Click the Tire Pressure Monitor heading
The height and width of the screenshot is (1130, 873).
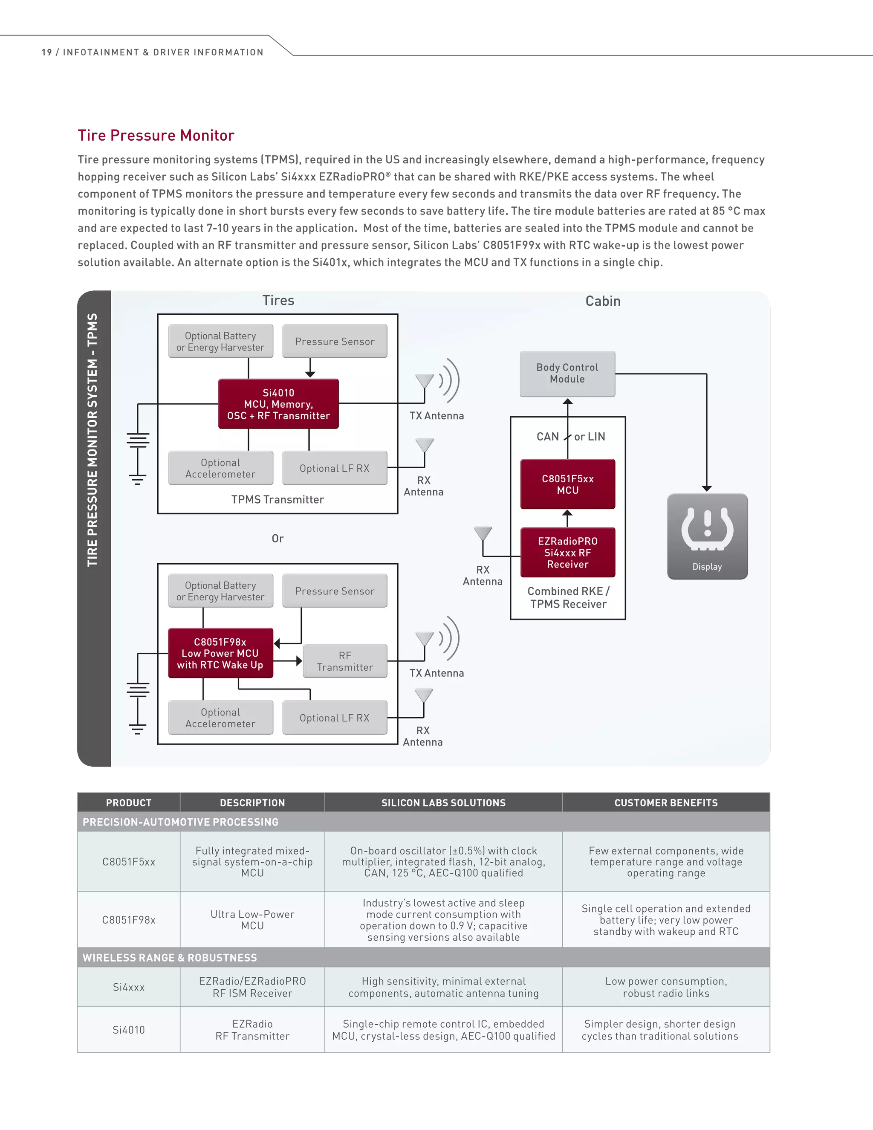(156, 136)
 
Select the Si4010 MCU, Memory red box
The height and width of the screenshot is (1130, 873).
(278, 404)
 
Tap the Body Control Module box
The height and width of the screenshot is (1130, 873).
(567, 374)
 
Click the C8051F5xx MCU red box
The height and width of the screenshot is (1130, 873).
(567, 484)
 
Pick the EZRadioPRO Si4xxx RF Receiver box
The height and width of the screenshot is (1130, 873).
(567, 553)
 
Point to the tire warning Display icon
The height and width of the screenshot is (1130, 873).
(707, 536)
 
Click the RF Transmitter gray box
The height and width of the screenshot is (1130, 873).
(345, 661)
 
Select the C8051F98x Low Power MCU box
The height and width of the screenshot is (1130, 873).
(220, 653)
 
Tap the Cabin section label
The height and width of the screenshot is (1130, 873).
(602, 301)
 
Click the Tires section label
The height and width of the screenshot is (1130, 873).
(278, 301)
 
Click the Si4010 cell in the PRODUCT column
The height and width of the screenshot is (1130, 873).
(129, 1030)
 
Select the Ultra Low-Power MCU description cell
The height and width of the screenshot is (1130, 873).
(252, 919)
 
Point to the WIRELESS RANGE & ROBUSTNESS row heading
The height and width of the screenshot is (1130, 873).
(170, 958)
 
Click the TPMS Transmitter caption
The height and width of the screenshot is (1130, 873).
(278, 500)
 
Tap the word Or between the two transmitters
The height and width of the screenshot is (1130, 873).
(278, 539)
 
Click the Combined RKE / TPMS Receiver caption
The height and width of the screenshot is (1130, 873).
(568, 597)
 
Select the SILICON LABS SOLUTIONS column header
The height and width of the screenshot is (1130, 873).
(443, 803)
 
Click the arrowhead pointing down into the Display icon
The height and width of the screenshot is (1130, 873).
(707, 488)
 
